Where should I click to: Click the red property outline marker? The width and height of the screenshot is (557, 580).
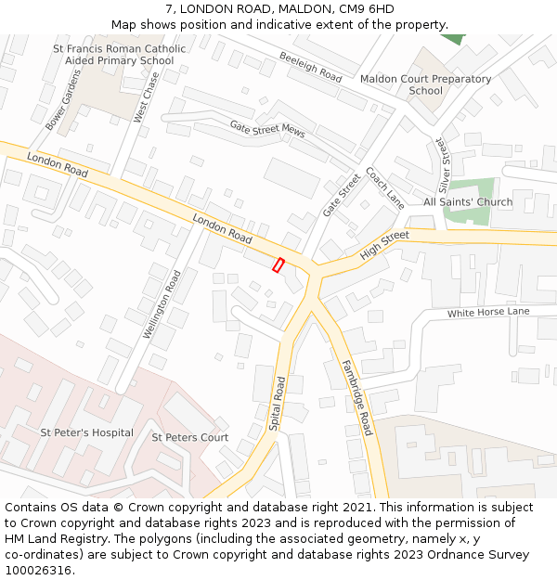coord(278,265)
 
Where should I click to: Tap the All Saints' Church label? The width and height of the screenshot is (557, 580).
coord(468,202)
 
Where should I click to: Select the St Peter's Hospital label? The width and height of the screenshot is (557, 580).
coord(86,432)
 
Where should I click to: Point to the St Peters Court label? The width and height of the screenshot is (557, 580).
coord(189,437)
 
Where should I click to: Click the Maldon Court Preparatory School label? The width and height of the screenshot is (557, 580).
coord(425,84)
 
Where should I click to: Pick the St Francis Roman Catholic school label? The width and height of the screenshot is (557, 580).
coord(119,55)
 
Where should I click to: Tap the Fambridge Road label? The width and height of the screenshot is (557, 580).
coord(356,397)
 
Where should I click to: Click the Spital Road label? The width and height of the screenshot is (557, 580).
coord(276,403)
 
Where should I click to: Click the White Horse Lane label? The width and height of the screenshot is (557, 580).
coord(488,312)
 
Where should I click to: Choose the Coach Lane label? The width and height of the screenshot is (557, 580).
coord(384,187)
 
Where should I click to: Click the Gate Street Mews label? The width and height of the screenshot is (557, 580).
coord(267,129)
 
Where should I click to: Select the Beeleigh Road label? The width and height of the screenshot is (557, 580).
coord(310,68)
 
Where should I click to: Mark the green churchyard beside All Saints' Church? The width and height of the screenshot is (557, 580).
coord(469,190)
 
